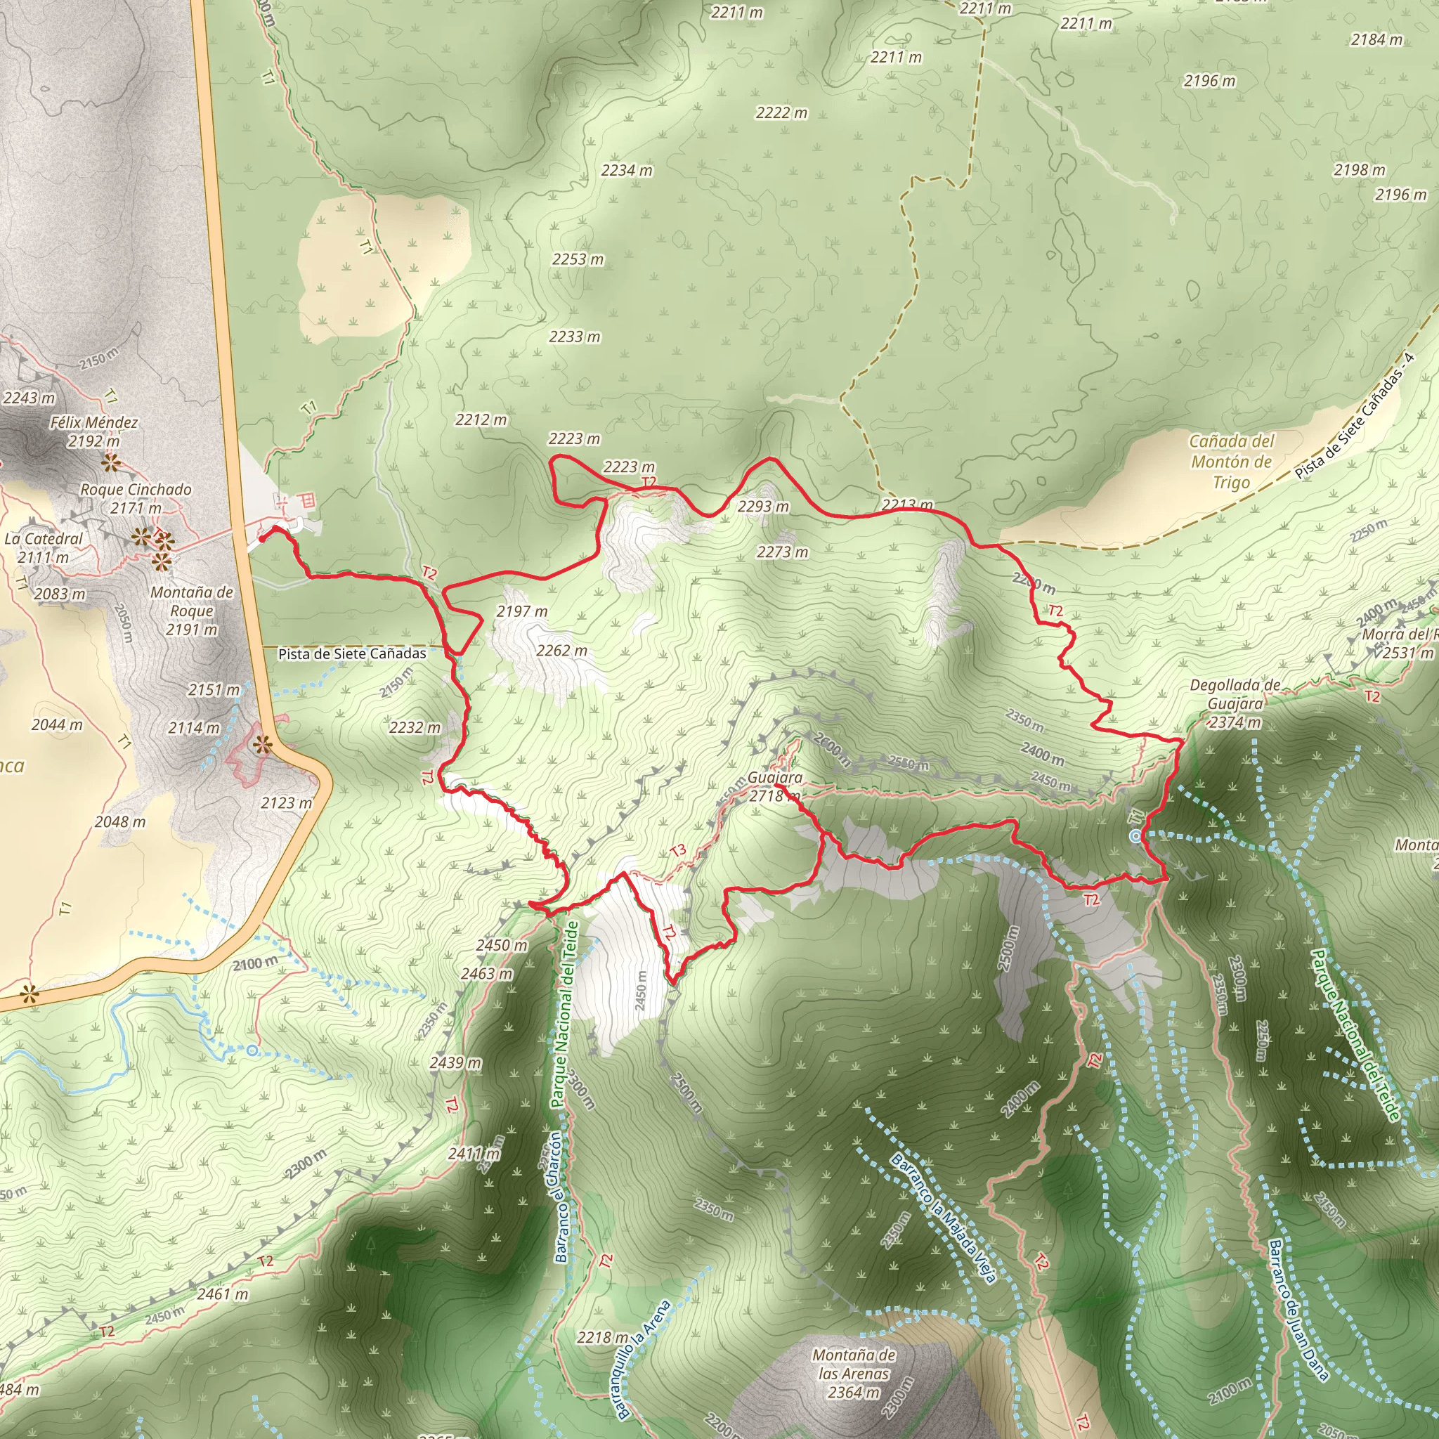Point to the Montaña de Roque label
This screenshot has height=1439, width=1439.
[191, 610]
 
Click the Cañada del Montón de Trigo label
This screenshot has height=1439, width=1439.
[1231, 461]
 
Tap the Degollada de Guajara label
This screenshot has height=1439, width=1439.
[1235, 703]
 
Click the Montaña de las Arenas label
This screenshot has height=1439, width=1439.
[854, 1373]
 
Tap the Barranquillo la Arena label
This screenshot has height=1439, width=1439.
[643, 1360]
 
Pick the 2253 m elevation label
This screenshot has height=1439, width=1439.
[578, 259]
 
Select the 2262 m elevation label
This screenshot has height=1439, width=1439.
[561, 650]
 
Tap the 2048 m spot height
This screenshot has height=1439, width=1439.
[120, 821]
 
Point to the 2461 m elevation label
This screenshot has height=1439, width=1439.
[222, 1294]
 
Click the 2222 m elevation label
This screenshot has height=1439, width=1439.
[781, 112]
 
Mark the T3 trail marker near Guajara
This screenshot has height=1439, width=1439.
[678, 851]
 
